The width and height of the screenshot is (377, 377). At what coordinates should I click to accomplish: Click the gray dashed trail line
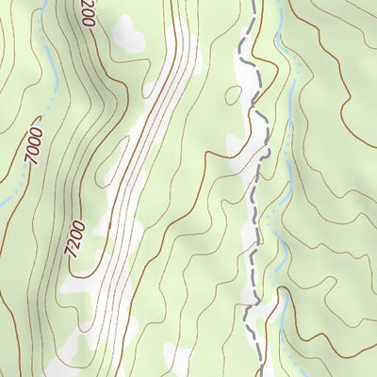click(253, 188)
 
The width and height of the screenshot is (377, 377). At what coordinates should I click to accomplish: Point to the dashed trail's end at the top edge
click(255, 2)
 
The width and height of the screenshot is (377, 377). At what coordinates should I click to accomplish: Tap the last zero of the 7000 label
click(40, 131)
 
